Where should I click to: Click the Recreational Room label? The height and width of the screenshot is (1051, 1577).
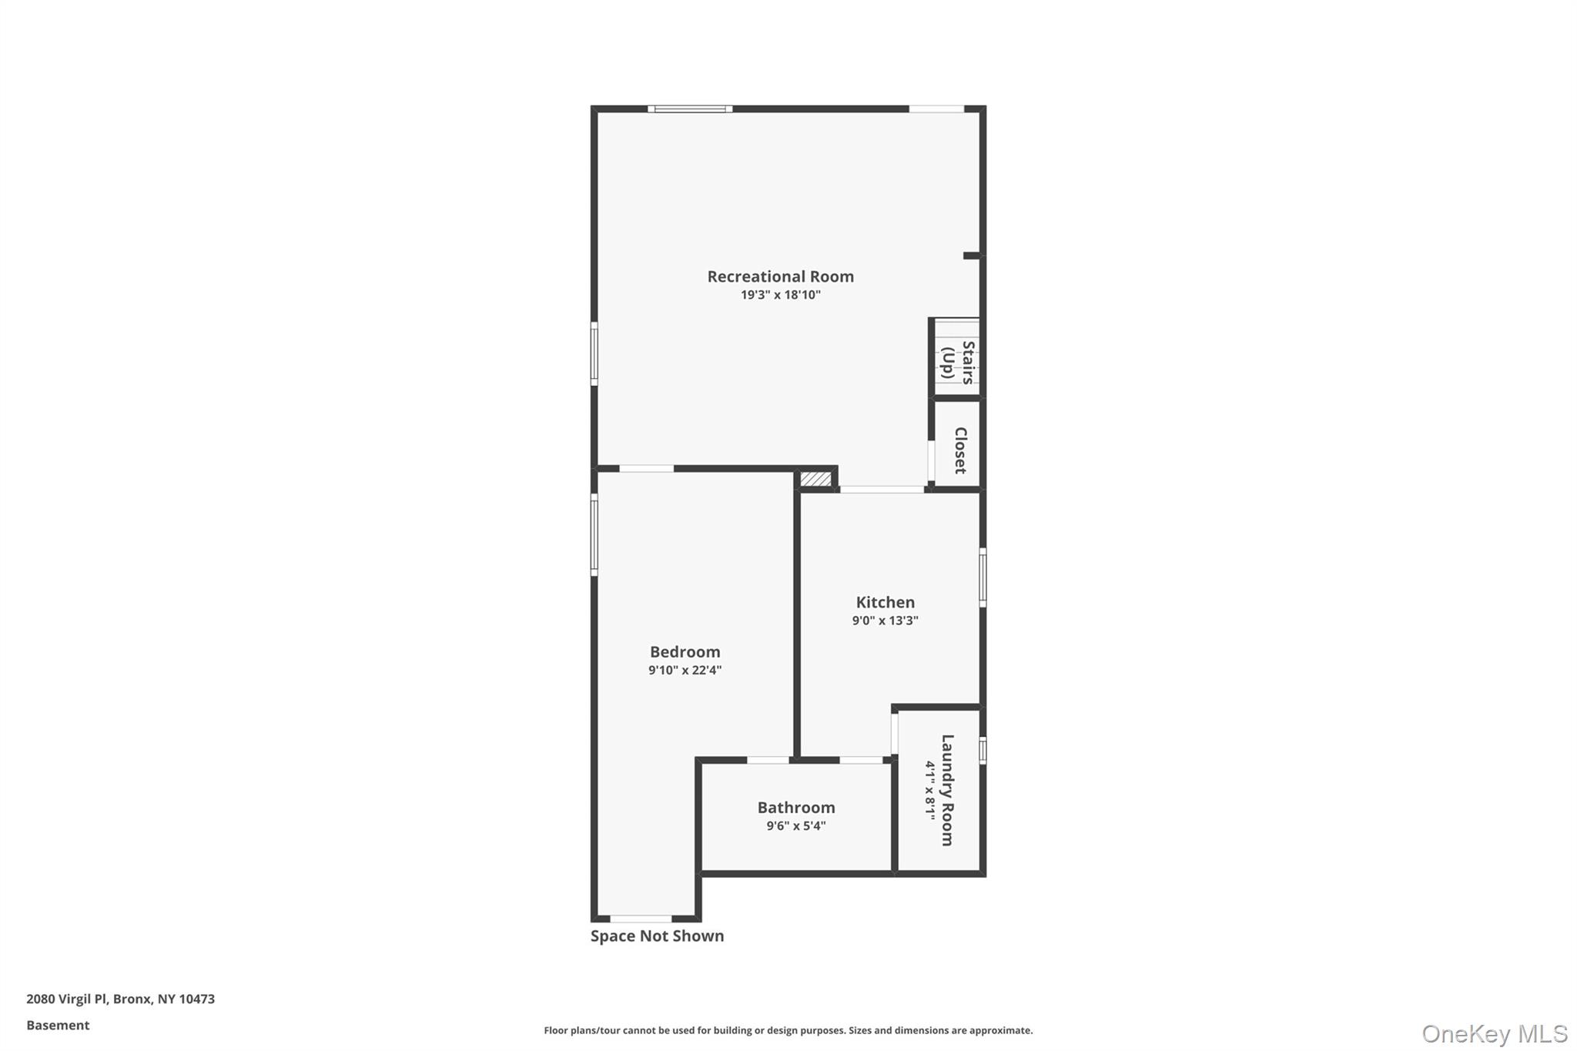780,276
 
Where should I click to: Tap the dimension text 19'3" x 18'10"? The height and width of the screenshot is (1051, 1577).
780,295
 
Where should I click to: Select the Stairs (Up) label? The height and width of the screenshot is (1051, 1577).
957,362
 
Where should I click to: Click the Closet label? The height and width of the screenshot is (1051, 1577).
960,450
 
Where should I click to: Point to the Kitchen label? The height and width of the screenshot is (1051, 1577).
885,602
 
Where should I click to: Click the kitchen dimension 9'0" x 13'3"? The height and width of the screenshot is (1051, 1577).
885,621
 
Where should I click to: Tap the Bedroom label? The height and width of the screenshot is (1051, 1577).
685,652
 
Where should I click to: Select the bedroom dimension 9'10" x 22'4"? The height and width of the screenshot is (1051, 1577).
685,670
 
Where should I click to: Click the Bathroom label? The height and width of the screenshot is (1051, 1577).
795,808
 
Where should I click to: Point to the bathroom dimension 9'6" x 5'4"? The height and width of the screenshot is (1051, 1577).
795,826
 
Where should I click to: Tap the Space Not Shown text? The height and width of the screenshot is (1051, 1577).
657,936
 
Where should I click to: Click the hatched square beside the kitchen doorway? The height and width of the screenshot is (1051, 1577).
815,479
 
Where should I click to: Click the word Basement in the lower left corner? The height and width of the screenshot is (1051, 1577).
58,1026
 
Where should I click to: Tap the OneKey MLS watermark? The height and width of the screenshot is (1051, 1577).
1494,1033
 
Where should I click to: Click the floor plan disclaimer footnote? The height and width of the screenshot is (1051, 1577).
788,1030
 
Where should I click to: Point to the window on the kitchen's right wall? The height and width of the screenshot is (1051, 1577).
983,577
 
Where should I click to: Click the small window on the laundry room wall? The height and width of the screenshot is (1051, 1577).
983,750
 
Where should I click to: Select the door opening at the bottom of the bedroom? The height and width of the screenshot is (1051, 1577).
641,919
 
